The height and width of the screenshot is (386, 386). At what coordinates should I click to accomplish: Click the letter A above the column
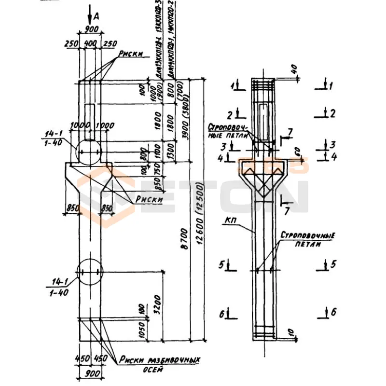coord(97,16)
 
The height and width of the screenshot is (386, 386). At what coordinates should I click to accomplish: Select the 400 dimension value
coord(90,43)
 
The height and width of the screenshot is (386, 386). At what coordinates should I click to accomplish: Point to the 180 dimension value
coord(142,309)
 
